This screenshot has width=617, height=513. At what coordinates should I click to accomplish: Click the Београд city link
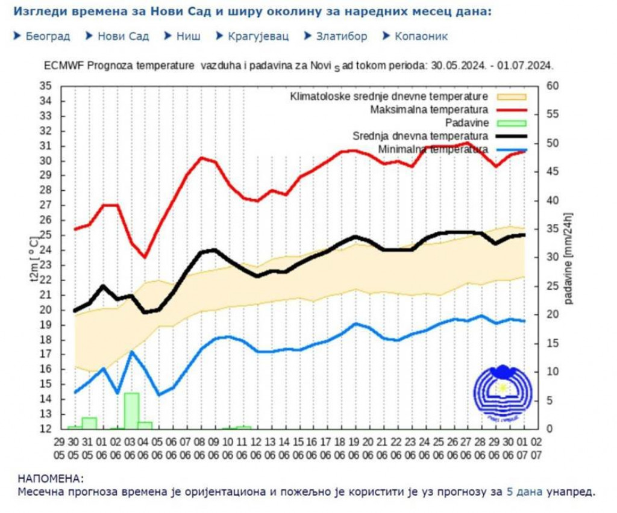48,36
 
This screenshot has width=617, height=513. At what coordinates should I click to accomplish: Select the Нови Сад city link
123,36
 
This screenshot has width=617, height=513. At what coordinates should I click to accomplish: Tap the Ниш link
188,36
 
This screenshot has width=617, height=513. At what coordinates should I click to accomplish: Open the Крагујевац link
258,36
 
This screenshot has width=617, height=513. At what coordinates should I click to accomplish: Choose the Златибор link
341,36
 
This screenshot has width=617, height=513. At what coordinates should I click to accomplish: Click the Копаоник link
421,36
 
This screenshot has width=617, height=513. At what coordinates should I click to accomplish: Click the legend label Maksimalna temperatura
428,110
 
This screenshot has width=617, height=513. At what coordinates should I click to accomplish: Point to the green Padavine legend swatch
511,123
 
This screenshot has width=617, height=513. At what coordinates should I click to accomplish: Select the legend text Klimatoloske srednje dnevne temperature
389,97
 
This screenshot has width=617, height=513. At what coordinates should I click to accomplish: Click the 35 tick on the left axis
46,86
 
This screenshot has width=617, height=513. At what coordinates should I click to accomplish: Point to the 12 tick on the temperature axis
46,429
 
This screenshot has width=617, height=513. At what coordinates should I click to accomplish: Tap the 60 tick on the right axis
550,86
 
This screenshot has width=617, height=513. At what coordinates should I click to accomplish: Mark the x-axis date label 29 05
59,446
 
